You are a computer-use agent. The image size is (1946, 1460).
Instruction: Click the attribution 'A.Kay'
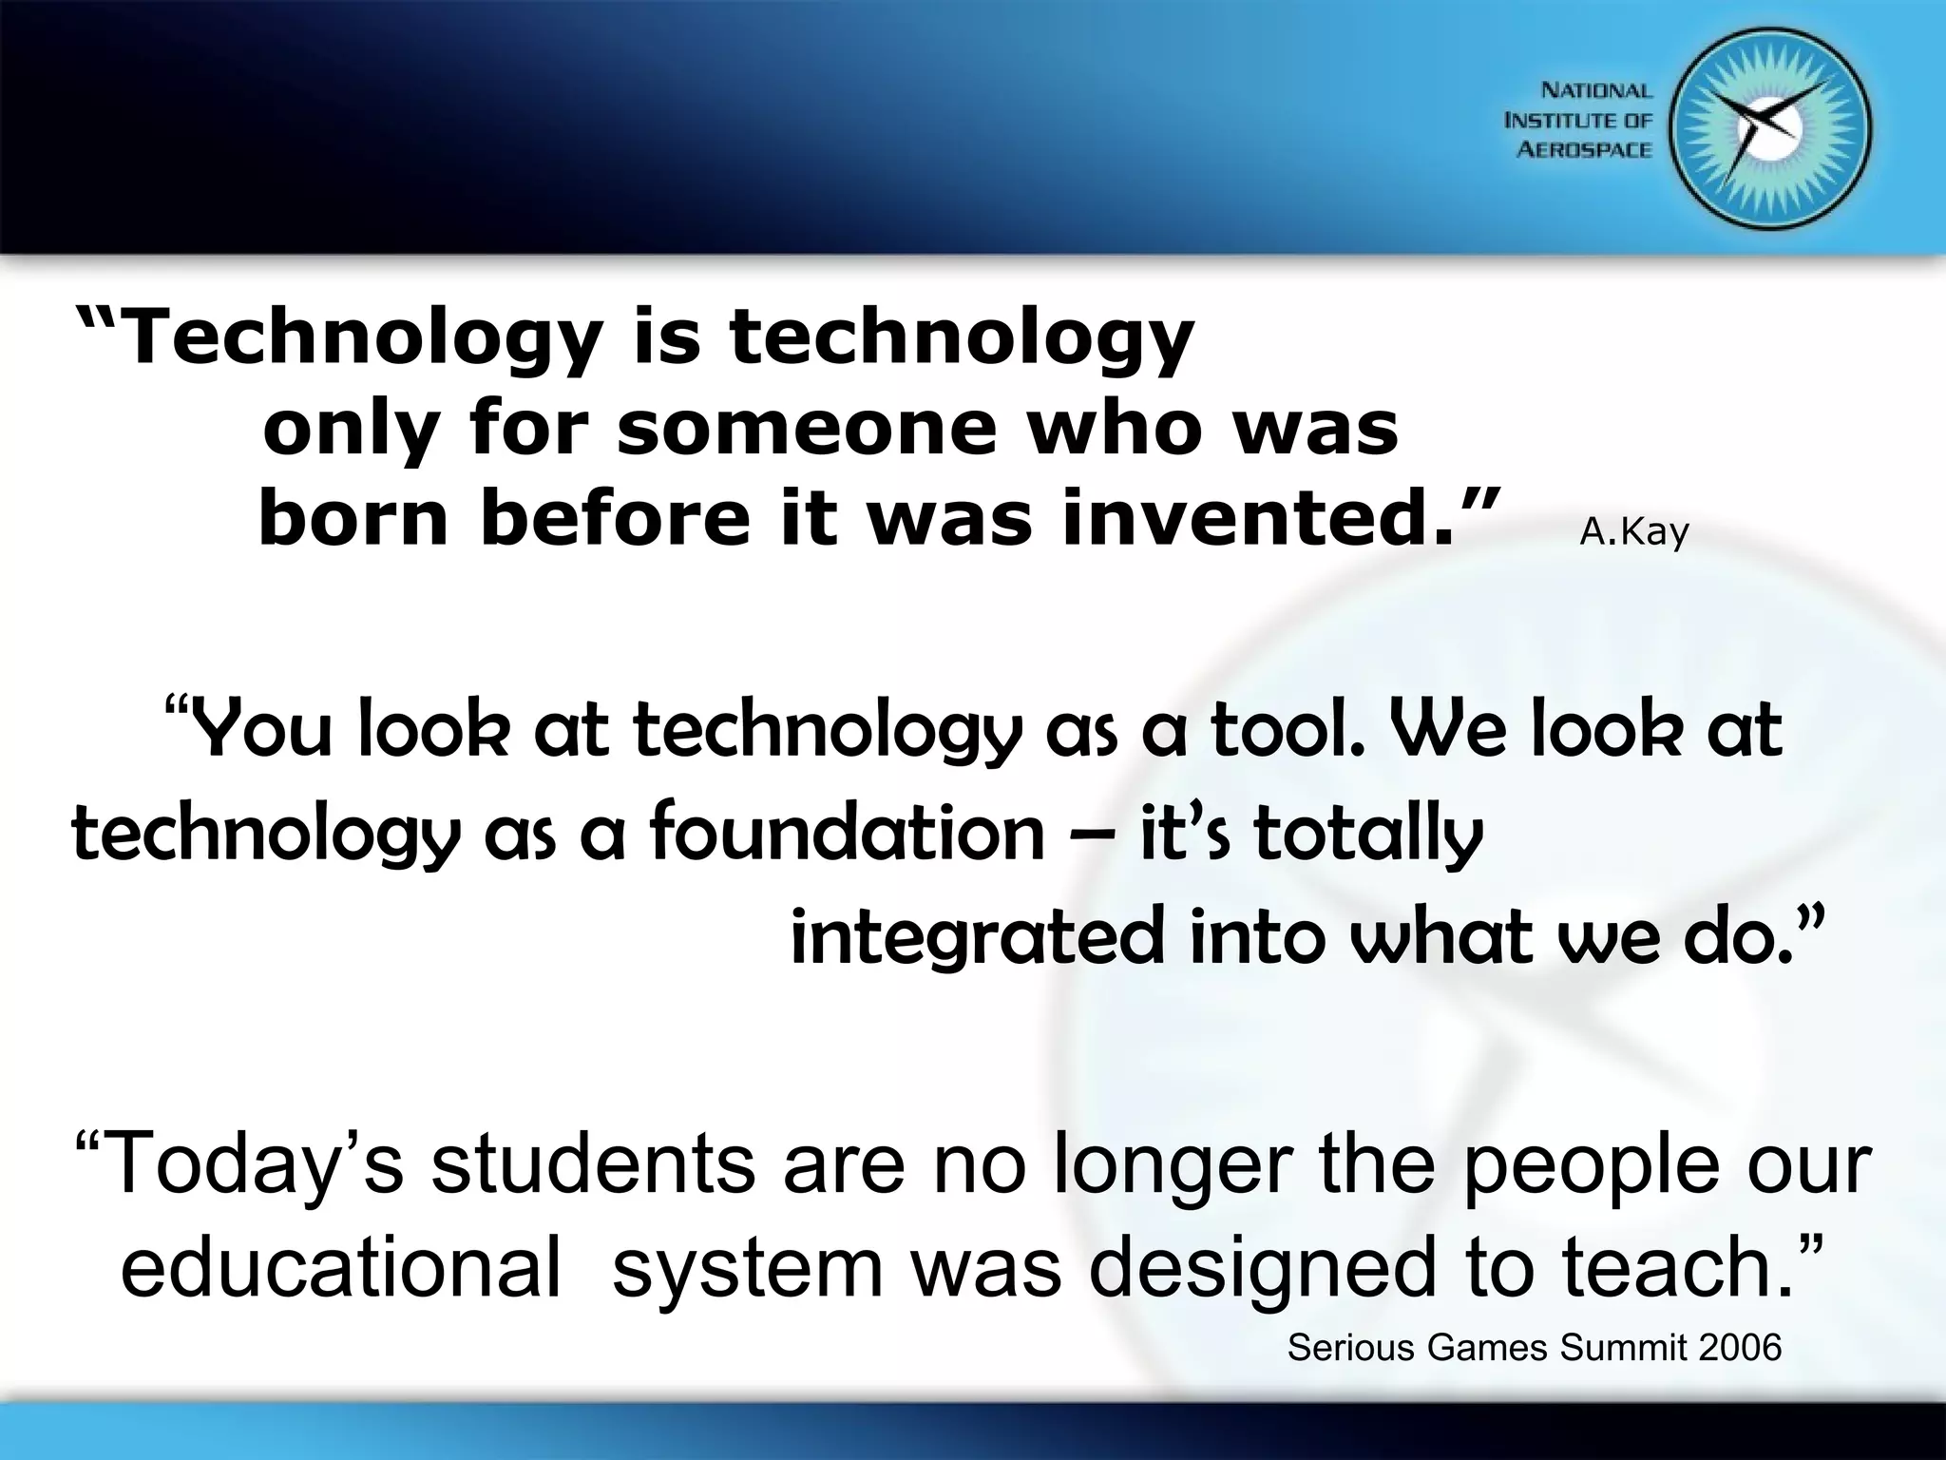pyautogui.click(x=1633, y=533)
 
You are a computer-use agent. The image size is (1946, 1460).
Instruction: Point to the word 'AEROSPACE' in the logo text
pyautogui.click(x=1585, y=150)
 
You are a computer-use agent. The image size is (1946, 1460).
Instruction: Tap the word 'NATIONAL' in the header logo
pyautogui.click(x=1596, y=91)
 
